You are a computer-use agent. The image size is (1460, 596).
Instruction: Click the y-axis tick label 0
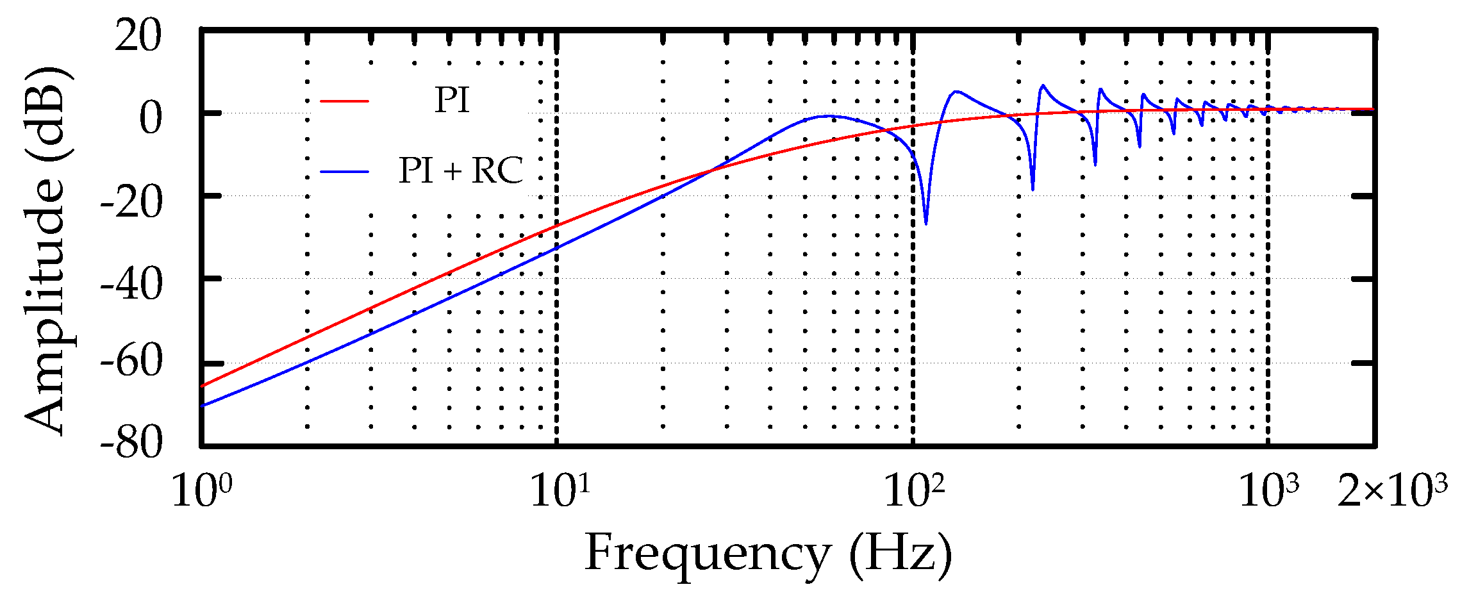pos(151,119)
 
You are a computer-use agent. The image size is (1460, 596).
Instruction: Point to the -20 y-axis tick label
pos(131,203)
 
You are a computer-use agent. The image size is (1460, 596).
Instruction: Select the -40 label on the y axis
pos(131,285)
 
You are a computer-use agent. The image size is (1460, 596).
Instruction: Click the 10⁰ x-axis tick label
pos(201,492)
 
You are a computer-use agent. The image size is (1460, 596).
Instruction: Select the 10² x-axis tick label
pos(913,492)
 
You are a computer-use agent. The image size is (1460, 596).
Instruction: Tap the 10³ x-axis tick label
pos(1268,492)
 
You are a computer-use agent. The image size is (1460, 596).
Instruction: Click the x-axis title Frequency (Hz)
pos(768,553)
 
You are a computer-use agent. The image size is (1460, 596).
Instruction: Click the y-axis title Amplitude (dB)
pos(46,250)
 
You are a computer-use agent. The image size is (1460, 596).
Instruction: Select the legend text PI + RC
pos(461,170)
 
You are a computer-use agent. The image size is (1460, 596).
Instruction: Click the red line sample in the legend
pos(345,101)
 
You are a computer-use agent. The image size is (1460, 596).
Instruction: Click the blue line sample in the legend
pos(345,171)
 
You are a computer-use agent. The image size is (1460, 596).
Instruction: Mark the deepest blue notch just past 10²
pos(925,223)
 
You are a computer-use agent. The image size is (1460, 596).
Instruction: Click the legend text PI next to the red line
pos(452,101)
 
